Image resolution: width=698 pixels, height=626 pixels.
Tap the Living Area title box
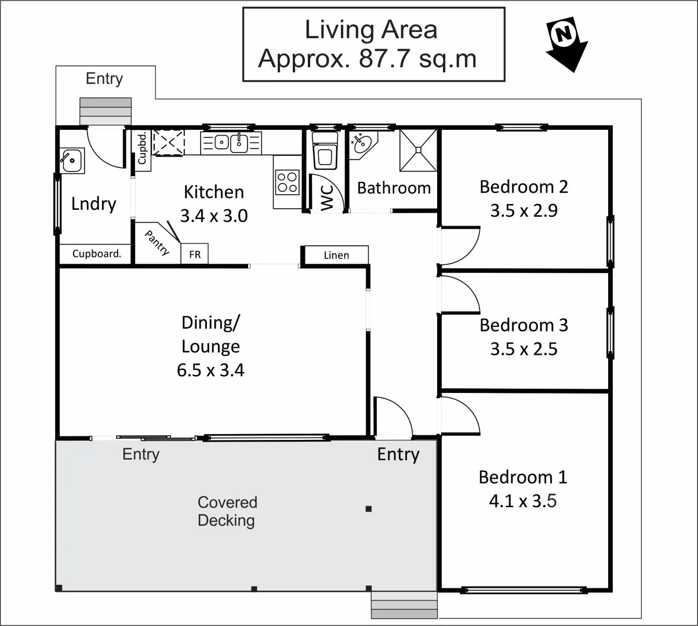pos(373,45)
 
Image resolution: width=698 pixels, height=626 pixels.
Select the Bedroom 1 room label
pos(523,477)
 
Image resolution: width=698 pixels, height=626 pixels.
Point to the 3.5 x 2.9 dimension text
pos(523,210)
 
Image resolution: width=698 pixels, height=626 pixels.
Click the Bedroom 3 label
pos(523,325)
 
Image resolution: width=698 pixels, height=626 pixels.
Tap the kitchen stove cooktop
pos(286,181)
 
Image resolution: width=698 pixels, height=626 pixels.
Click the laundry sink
pos(72,160)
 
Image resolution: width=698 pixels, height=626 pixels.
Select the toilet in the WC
pos(325,152)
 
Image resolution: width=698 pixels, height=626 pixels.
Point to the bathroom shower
pos(417,150)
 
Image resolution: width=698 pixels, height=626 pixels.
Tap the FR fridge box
pos(195,254)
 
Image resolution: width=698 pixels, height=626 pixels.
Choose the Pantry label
pos(157,242)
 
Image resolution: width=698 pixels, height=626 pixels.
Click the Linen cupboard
pos(336,255)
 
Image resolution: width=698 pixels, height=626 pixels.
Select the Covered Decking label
pos(226,511)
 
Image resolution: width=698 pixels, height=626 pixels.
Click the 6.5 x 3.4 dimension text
pos(210,370)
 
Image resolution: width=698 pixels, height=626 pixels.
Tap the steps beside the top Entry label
pos(106,111)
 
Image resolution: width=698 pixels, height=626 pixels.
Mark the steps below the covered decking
pos(404,606)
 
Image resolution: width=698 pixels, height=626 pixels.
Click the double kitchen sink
pos(231,142)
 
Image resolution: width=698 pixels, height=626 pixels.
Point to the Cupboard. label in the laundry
pos(97,254)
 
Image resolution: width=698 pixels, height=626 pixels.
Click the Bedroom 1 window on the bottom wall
pos(523,590)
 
